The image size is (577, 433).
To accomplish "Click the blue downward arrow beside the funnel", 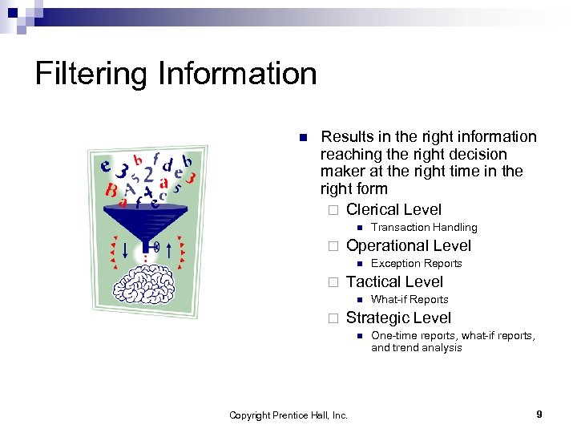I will (x=126, y=249).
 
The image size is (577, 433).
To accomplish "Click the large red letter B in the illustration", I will (x=111, y=192).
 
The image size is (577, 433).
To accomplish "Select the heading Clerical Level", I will (x=393, y=210).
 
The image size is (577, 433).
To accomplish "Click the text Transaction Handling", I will (x=424, y=228).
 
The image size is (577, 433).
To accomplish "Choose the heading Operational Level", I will (x=409, y=246).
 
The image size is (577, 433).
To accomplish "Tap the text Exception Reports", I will (x=417, y=264).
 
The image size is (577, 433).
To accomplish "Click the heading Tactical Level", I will (x=394, y=282).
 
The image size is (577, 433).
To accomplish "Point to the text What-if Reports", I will (x=410, y=300).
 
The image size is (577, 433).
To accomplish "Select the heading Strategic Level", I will (x=398, y=318).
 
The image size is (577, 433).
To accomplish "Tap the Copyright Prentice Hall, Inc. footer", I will (x=288, y=415).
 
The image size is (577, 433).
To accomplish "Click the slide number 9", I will (x=539, y=415).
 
